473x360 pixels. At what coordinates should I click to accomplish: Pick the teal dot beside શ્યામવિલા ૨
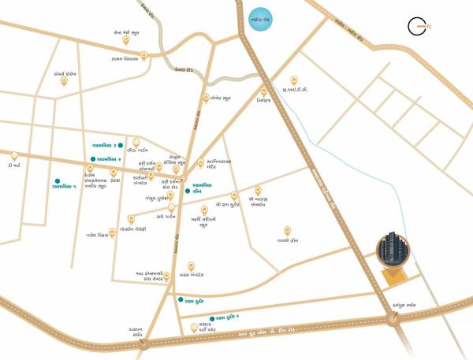tap(93, 160)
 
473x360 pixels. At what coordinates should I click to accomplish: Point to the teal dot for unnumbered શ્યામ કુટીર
tap(180, 299)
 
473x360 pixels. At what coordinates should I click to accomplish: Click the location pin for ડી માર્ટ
tap(15, 155)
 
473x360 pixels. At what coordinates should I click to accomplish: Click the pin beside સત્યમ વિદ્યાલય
tap(143, 55)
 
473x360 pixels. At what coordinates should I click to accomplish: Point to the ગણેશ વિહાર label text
tap(98, 236)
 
